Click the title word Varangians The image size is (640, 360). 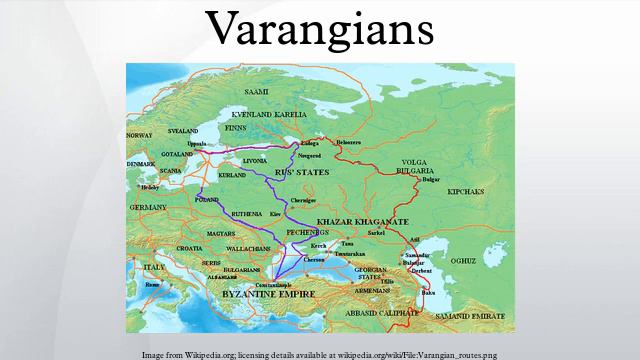point(320,30)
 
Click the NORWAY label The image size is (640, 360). point(139,135)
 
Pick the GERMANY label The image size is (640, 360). point(147,206)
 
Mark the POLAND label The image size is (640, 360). point(207,199)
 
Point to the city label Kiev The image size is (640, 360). point(276,214)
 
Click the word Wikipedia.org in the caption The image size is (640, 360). point(207,354)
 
